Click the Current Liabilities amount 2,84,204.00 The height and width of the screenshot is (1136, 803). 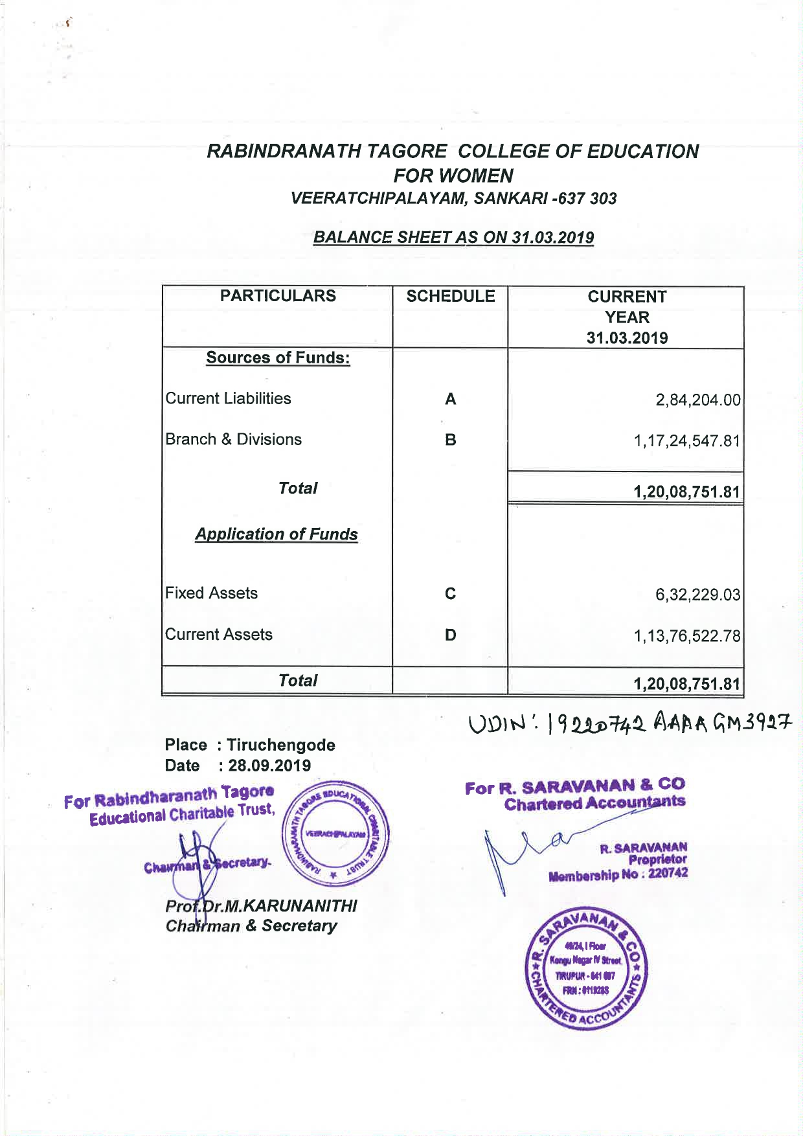[x=697, y=400]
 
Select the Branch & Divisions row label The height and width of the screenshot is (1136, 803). [x=233, y=439]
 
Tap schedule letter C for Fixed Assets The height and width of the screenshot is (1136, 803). [x=450, y=593]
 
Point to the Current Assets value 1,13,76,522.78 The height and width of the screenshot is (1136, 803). [x=686, y=636]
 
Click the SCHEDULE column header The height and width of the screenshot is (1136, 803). [x=450, y=296]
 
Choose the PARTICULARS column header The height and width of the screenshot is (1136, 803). [x=278, y=296]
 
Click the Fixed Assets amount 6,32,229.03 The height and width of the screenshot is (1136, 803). [x=697, y=595]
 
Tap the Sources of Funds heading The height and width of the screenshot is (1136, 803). [x=278, y=358]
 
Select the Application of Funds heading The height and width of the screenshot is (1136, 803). [x=277, y=534]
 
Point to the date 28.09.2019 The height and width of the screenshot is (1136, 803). [x=269, y=766]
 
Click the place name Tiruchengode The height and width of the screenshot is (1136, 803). [x=281, y=745]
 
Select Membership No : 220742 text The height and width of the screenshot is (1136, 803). [x=618, y=875]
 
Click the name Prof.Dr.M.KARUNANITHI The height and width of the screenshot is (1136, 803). [x=261, y=905]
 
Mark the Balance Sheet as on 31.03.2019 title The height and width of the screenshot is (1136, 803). [x=453, y=237]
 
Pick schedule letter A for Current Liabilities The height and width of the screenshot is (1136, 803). [x=450, y=399]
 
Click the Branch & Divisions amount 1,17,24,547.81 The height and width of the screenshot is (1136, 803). [x=686, y=441]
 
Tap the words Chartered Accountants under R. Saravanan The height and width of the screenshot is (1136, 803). [x=594, y=804]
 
